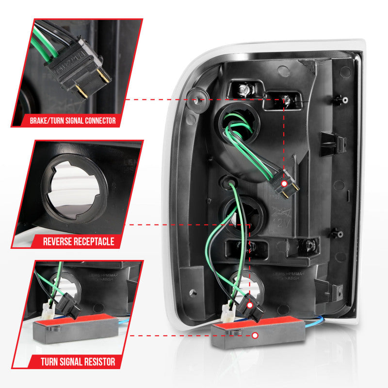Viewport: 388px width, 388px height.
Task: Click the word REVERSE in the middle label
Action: click(x=60, y=241)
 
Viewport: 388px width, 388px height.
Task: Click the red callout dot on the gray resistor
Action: click(x=255, y=335)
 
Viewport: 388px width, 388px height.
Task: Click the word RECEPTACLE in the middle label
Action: click(x=95, y=241)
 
